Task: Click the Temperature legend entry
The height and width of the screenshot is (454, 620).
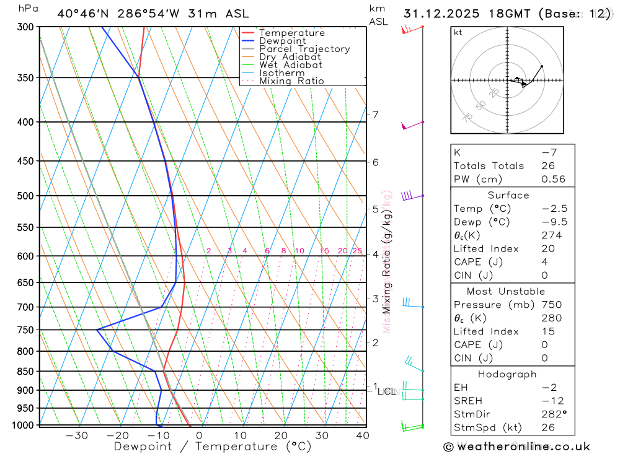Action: pyautogui.click(x=291, y=33)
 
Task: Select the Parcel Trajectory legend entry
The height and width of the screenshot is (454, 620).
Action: pyautogui.click(x=304, y=49)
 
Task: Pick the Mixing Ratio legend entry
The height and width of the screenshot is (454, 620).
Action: pyautogui.click(x=291, y=81)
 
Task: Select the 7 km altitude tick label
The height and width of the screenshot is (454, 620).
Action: pyautogui.click(x=375, y=115)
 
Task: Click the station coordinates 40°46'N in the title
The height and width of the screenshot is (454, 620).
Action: pyautogui.click(x=82, y=14)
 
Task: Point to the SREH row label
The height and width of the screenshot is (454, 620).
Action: pyautogui.click(x=467, y=401)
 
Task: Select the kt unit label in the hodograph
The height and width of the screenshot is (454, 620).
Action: pyautogui.click(x=458, y=33)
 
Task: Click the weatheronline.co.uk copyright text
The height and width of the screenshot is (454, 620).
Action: pyautogui.click(x=516, y=447)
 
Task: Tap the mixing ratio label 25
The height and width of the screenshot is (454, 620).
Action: pyautogui.click(x=357, y=251)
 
